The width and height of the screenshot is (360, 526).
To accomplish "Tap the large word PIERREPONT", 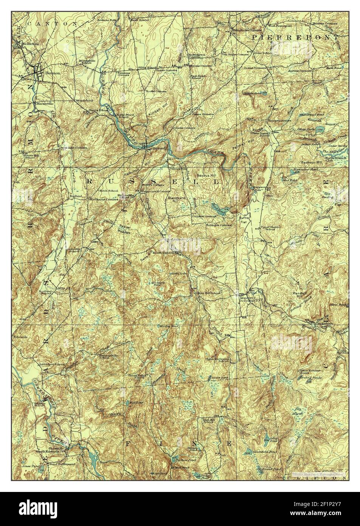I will point(295,37).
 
